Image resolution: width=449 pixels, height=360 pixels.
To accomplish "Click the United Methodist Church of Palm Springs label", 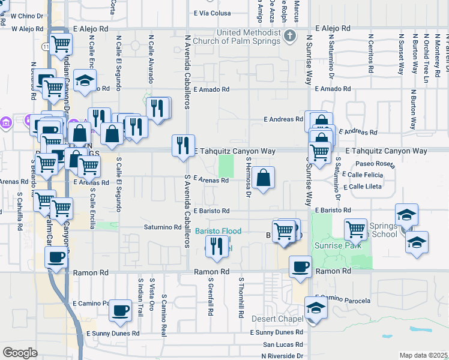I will (x=241, y=37).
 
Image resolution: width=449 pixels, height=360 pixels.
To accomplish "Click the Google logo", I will (x=20, y=353).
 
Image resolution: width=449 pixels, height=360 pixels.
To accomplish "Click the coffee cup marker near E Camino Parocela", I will (x=121, y=310).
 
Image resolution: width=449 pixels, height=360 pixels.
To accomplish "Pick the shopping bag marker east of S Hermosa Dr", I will (x=263, y=178).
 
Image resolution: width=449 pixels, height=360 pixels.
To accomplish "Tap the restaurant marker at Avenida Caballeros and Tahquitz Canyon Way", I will (x=183, y=145).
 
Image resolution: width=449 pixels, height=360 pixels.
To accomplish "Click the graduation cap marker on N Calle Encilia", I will (x=85, y=80).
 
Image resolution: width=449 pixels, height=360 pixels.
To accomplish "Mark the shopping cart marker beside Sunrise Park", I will (x=355, y=229).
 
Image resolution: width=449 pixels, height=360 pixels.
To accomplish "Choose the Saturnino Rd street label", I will (x=162, y=227).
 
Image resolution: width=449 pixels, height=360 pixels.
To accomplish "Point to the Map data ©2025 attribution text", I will (x=423, y=355).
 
